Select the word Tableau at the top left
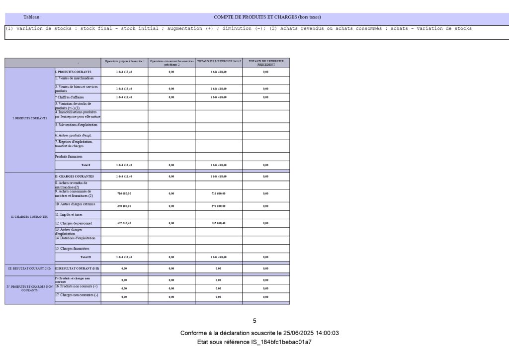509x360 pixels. pos(32,17)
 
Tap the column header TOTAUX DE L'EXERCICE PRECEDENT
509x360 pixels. pos(266,63)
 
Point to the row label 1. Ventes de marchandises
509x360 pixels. pos(75,79)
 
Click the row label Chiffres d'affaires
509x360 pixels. pos(70,97)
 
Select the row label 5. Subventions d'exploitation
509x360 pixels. pos(77,125)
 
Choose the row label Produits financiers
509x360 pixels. pos(69,156)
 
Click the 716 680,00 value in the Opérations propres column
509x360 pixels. pos(124,193)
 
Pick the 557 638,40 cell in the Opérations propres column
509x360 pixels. pos(124,223)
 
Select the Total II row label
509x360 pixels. pos(85,257)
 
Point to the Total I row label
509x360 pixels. pos(85,165)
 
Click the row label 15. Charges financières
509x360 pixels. pos(72,248)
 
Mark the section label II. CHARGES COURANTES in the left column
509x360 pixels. pos(29,217)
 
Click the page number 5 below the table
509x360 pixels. pos(254,321)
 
